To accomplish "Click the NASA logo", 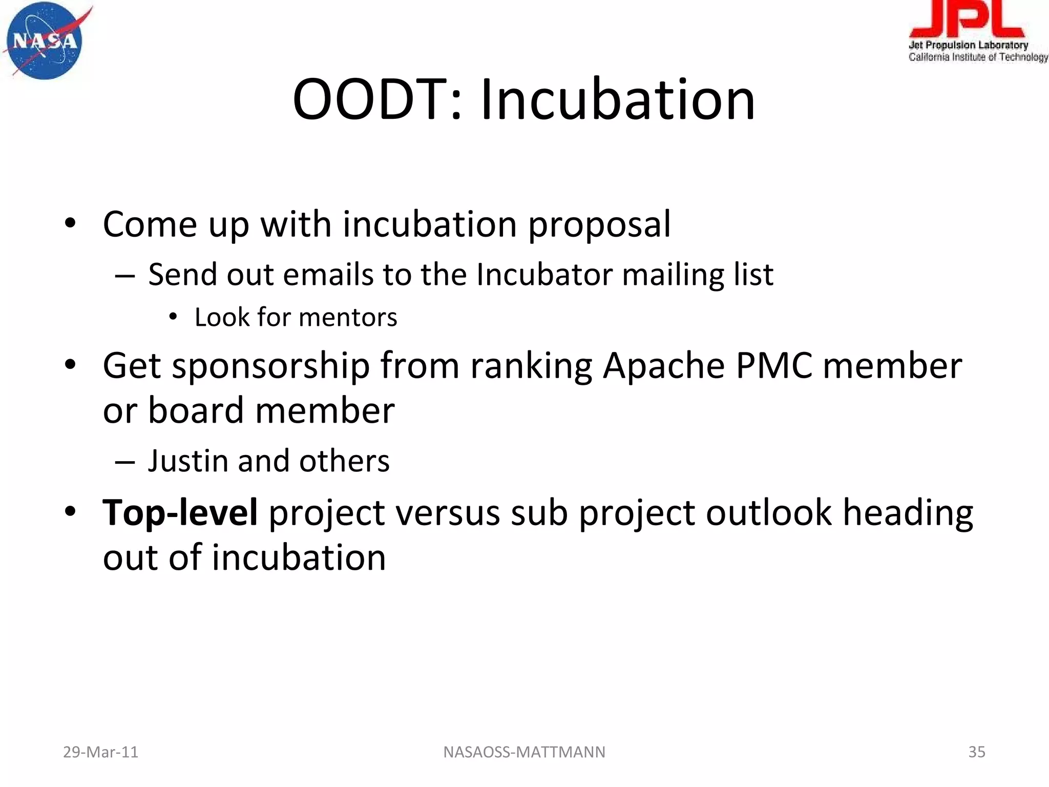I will click(45, 41).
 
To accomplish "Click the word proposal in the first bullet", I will click(599, 224).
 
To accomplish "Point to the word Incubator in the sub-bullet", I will click(544, 275).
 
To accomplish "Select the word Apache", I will click(663, 366).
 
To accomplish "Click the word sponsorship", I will click(270, 366).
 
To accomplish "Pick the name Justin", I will click(187, 461).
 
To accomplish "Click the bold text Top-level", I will click(180, 512).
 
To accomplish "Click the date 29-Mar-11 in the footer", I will click(100, 752).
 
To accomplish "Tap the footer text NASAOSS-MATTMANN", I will click(524, 752).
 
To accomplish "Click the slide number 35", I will click(976, 752).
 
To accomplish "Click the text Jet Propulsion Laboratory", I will click(968, 45).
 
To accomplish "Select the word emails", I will click(328, 275).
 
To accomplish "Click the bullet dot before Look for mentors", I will click(173, 318).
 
